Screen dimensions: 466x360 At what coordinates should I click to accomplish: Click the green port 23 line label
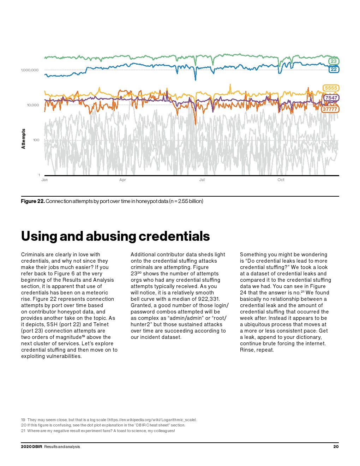333,61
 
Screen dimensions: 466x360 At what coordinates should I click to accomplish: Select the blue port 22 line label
333,69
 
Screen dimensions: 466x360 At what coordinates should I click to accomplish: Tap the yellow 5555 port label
331,88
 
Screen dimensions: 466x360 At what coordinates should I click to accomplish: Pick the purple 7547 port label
331,98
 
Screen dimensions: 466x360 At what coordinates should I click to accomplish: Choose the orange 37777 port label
330,109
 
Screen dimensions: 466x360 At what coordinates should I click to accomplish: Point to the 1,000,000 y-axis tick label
30,70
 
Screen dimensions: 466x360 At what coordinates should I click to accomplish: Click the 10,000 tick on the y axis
33,105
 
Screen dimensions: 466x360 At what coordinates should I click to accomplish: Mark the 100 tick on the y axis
36,140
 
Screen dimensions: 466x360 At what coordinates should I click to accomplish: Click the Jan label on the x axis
44,180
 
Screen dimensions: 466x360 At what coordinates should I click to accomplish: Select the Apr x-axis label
122,180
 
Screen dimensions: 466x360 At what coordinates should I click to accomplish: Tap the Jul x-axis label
202,180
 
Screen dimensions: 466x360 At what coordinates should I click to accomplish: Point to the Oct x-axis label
281,180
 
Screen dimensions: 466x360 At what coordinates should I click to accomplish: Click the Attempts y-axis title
24,139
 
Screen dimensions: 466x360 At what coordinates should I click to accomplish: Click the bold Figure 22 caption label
33,201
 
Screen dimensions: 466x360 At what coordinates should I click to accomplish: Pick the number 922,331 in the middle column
208,299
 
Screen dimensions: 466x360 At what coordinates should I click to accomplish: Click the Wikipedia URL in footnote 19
152,420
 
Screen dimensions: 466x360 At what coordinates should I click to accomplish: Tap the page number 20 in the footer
336,447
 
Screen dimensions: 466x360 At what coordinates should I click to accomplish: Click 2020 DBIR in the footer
31,447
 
